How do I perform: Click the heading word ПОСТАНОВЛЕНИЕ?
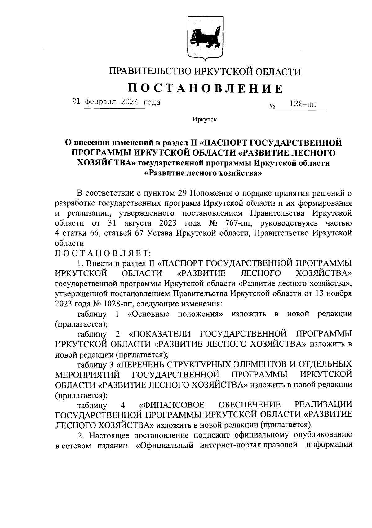206,89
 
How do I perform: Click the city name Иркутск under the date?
205,119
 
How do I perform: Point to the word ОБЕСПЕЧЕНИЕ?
250,405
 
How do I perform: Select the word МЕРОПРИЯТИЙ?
88,375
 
